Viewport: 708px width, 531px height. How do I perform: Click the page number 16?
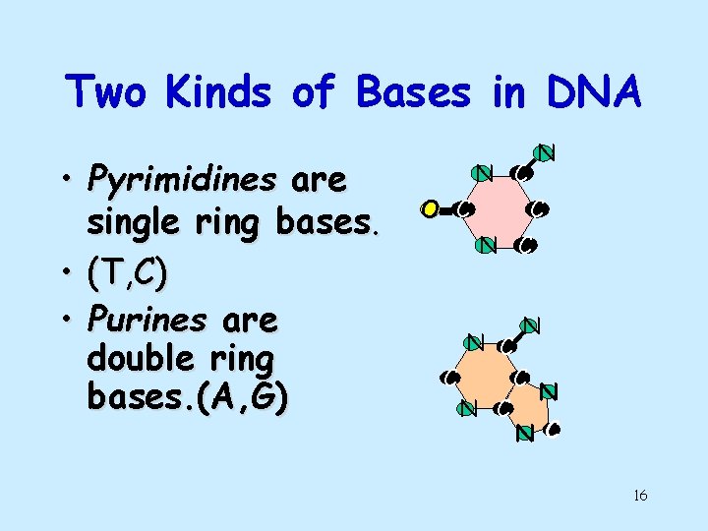pos(639,496)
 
